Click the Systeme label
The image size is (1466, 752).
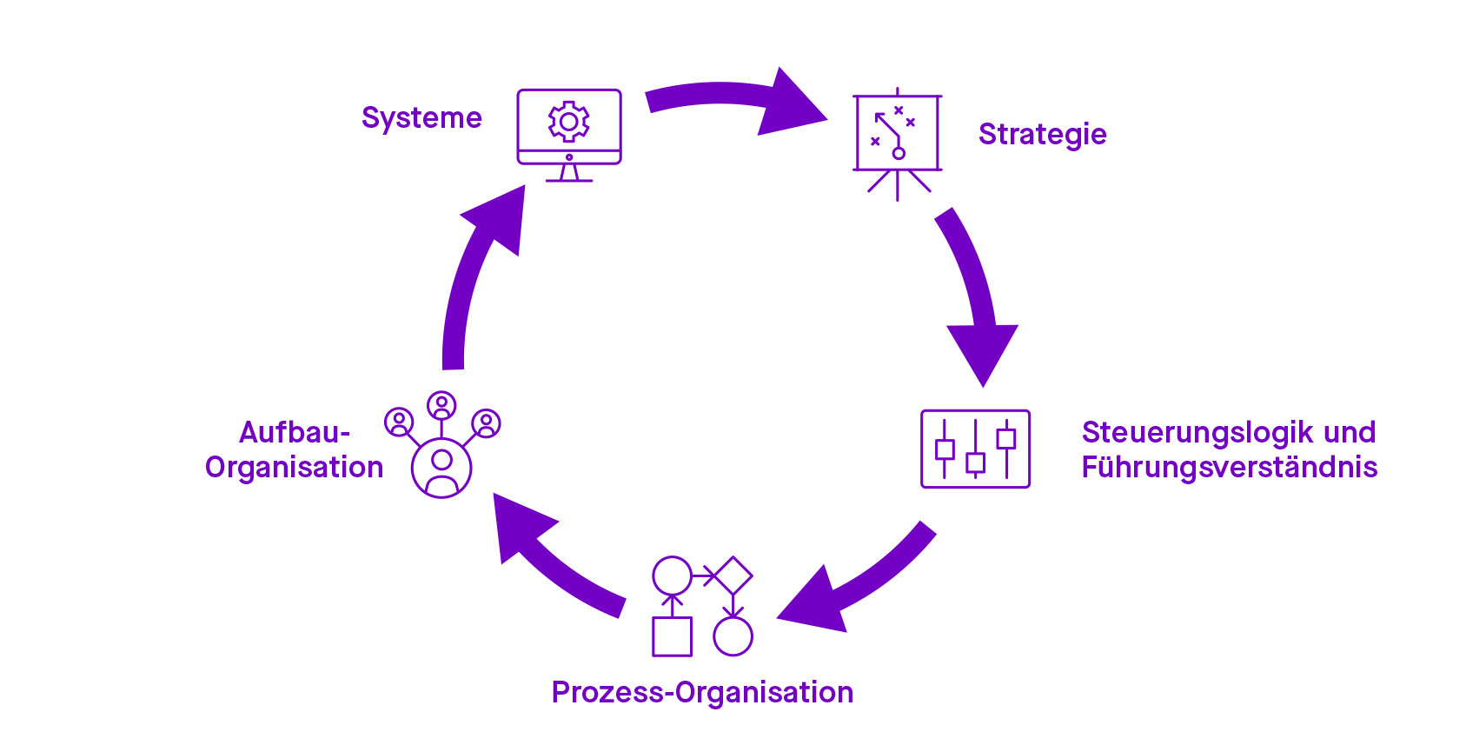coord(421,118)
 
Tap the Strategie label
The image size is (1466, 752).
coord(1042,135)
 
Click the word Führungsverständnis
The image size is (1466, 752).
coord(1229,468)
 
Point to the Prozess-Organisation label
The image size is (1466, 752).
coord(702,692)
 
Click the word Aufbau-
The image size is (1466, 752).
coord(295,432)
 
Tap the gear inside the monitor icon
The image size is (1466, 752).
coord(569,122)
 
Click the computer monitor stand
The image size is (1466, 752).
coord(569,172)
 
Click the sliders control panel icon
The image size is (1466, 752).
coord(975,449)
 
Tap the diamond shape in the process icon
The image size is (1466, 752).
coord(733,576)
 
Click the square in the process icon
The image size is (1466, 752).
coord(672,636)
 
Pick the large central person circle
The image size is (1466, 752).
coord(441,468)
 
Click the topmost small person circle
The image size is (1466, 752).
coord(441,405)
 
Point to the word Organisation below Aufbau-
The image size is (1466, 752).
coord(294,468)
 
